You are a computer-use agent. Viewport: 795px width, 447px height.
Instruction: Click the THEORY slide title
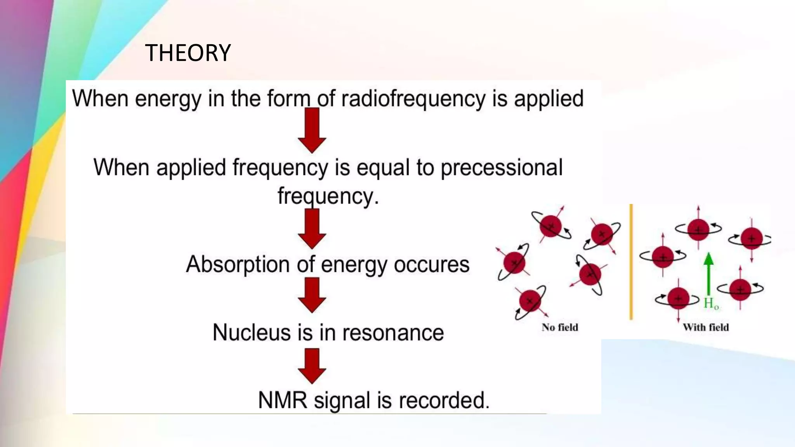pos(188,53)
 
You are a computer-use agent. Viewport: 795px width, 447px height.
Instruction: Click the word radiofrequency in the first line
pos(413,99)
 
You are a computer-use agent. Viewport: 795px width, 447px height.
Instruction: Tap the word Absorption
pos(238,265)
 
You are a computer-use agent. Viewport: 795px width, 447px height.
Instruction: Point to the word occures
pos(431,265)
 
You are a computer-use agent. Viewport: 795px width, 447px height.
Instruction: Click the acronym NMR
pos(283,400)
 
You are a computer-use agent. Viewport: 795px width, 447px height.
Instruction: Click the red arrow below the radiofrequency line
pos(312,130)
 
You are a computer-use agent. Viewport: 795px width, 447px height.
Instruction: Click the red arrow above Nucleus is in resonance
pos(312,296)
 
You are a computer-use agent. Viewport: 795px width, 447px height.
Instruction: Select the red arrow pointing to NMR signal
pos(312,366)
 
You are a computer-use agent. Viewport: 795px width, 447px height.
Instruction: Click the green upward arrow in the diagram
pos(708,274)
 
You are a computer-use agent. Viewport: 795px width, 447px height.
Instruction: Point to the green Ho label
pos(711,303)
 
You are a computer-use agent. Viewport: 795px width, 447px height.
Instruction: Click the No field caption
pos(560,327)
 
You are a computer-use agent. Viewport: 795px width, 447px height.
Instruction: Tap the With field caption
pos(706,327)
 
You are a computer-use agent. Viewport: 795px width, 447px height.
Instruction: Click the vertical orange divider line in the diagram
pos(631,262)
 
